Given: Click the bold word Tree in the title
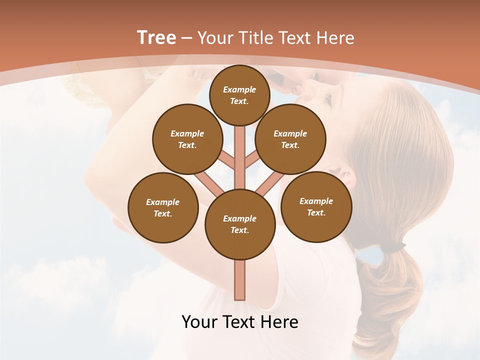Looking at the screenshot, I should pyautogui.click(x=156, y=37).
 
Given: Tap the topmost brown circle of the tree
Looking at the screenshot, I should pyautogui.click(x=239, y=95).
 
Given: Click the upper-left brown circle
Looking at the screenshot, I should pyautogui.click(x=187, y=139).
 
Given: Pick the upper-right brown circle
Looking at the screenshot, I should pyautogui.click(x=290, y=139).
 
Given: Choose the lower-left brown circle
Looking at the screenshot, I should pyautogui.click(x=163, y=207).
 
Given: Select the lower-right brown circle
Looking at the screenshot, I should pyautogui.click(x=316, y=206).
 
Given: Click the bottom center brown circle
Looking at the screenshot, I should pyautogui.click(x=240, y=224).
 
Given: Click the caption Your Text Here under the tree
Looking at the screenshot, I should pyautogui.click(x=240, y=322).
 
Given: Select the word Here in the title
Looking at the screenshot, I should pyautogui.click(x=336, y=38).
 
